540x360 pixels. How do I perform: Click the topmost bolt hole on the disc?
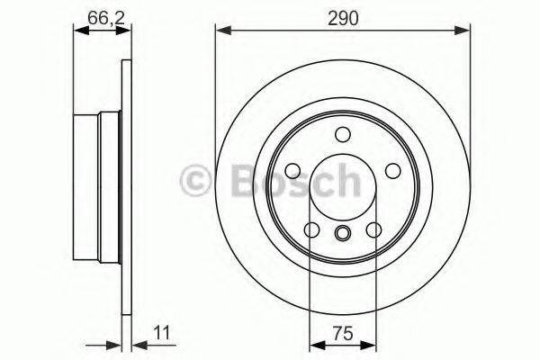point(342,135)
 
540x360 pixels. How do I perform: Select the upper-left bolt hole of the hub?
point(291,171)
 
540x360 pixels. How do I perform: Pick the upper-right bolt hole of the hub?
point(393,171)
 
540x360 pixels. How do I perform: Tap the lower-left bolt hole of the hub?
point(310,231)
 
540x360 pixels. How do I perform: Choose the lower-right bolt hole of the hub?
point(373,231)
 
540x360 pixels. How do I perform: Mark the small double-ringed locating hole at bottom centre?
point(342,235)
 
